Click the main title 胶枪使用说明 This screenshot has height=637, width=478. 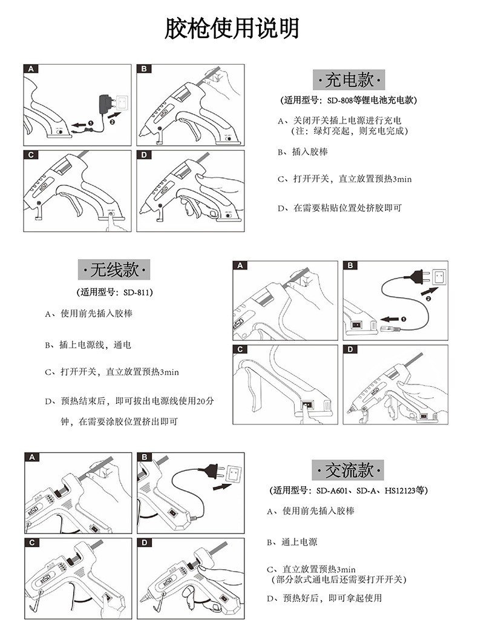tap(232, 28)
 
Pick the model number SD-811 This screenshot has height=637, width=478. tap(137, 292)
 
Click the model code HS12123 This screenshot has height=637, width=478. tap(402, 490)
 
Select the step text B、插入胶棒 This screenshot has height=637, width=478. tap(303, 152)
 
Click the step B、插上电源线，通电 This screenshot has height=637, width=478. tap(88, 345)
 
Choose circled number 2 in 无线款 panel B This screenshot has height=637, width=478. tap(428, 297)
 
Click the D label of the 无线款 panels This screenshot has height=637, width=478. tap(351, 350)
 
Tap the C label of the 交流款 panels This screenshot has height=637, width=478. tap(31, 543)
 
